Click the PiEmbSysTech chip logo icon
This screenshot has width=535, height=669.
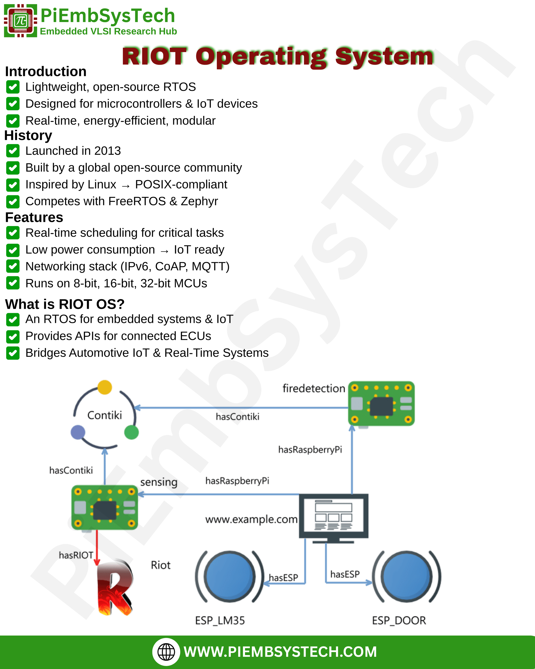21,21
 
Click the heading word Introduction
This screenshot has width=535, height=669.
46,72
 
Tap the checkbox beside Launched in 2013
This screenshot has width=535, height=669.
13,151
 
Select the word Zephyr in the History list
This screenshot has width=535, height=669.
199,201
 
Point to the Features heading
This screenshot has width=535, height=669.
34,217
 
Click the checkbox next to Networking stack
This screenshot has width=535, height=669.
13,266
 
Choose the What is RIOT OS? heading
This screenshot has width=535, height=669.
65,304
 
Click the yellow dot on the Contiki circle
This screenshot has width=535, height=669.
105,387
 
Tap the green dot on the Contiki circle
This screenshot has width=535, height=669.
131,432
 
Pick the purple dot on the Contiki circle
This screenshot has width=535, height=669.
78,432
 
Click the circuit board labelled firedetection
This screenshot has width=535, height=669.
382,404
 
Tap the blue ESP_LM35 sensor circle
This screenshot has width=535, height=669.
229,577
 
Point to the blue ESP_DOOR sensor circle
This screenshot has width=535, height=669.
407,577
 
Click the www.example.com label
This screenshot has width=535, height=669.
251,519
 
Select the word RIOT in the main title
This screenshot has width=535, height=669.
154,57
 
